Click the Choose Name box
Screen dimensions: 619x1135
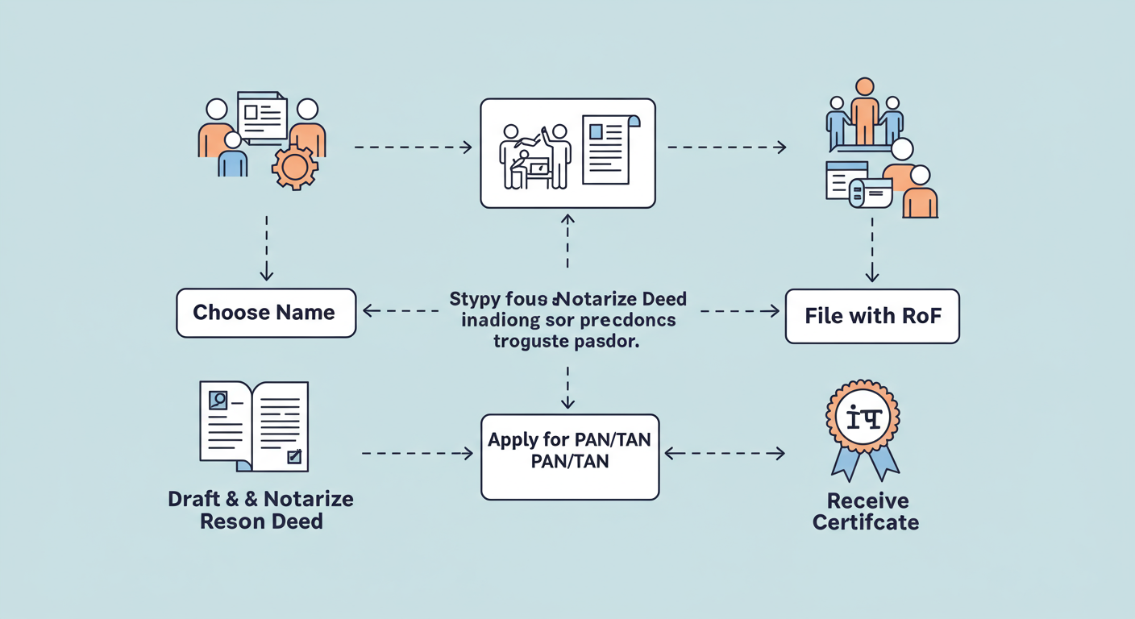(265, 313)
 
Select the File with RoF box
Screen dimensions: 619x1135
(872, 316)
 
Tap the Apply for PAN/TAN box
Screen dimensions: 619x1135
(570, 456)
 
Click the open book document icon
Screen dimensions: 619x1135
(254, 426)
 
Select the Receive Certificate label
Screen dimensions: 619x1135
(866, 512)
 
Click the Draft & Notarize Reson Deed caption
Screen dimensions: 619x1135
(260, 509)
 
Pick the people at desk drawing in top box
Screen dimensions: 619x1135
(534, 156)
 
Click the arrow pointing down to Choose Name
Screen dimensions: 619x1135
(266, 247)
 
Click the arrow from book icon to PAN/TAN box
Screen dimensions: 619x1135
(417, 454)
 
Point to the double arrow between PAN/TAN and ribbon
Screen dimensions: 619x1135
(724, 454)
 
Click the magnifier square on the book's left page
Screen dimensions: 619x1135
(218, 400)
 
